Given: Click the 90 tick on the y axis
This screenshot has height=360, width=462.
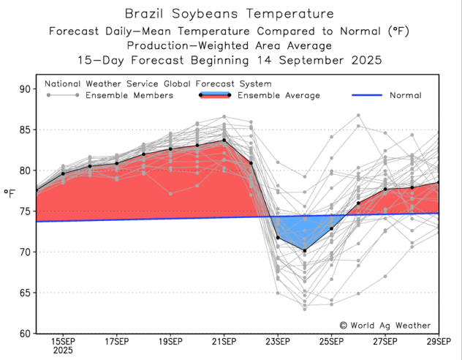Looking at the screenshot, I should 25,89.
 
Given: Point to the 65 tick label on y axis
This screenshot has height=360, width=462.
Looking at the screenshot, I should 25,293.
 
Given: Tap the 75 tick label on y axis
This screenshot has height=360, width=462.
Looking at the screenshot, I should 25,211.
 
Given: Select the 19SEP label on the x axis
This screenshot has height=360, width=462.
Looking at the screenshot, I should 170,341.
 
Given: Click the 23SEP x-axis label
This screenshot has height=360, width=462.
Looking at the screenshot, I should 278,341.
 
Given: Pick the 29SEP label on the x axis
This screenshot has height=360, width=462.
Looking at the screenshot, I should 438,341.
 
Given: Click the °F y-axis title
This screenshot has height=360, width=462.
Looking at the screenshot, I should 10,193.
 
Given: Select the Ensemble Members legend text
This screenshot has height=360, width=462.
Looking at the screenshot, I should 129,95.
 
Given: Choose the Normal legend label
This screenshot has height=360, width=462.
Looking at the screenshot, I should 405,95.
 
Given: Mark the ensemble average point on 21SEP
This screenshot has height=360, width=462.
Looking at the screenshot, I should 224,140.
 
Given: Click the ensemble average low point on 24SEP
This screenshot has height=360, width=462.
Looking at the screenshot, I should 305,251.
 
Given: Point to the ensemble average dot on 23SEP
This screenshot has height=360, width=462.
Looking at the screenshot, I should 278,238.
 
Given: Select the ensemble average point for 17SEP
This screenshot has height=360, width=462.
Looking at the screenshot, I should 116,163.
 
